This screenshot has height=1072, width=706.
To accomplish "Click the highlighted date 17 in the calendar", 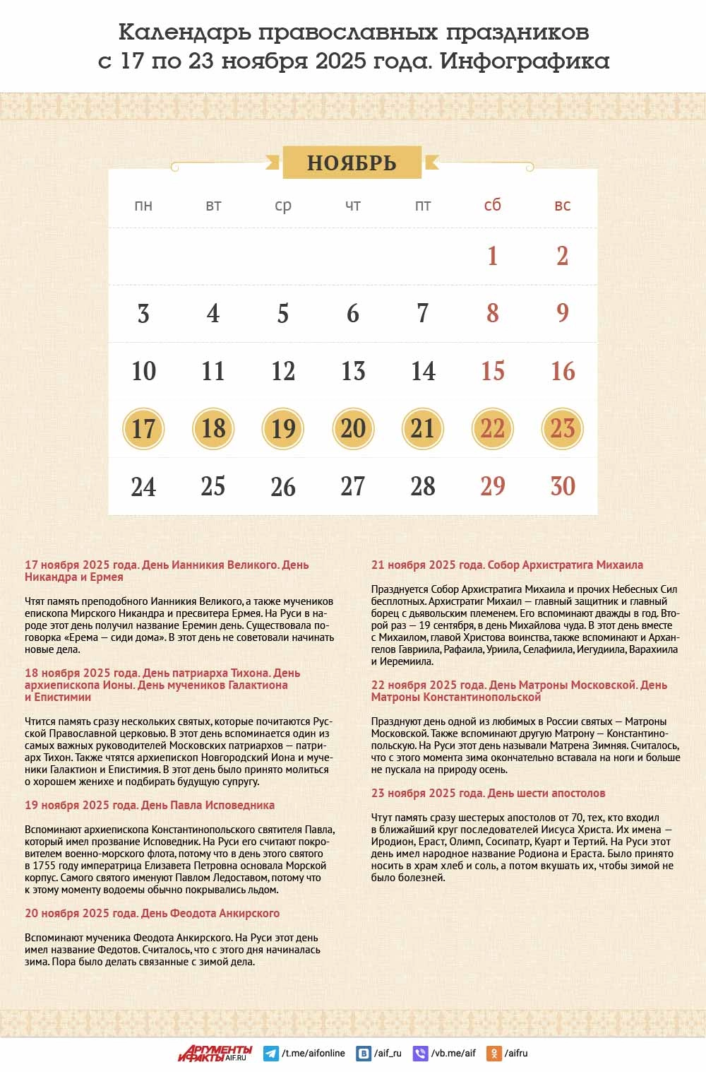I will click(x=143, y=428).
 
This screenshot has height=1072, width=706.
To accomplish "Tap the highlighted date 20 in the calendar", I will click(x=353, y=428).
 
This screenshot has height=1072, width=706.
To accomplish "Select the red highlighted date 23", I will click(x=563, y=428).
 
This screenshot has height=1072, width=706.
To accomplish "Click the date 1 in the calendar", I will click(x=493, y=256).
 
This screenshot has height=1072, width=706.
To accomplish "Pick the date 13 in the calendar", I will click(x=353, y=371).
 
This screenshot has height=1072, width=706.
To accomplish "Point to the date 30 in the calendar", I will click(x=563, y=486).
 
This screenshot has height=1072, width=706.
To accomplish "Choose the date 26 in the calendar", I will click(x=283, y=486).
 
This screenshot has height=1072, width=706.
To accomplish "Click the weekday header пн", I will click(x=143, y=206).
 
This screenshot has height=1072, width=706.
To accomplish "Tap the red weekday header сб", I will click(x=493, y=205).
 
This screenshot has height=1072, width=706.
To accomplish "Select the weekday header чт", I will click(x=353, y=206).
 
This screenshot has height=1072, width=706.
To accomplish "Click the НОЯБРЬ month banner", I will click(x=352, y=163).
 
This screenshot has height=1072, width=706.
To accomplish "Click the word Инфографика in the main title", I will click(x=525, y=61).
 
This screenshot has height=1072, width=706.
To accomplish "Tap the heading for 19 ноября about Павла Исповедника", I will click(x=150, y=805).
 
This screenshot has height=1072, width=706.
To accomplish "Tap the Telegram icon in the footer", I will click(x=270, y=1053).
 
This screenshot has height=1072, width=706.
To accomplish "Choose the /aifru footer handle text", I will click(x=516, y=1053).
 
